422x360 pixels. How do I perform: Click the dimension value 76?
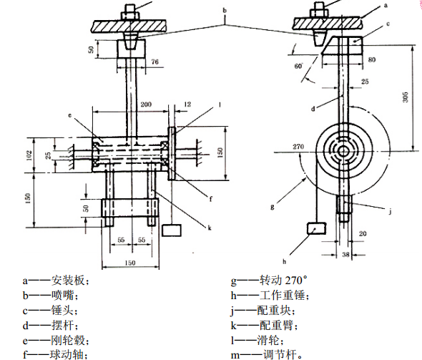pos(154,62)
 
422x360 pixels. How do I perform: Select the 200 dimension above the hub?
pos(146,104)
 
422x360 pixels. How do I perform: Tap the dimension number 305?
pos(406,97)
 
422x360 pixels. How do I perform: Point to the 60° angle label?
pos(298,66)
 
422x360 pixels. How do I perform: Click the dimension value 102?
pos(29,155)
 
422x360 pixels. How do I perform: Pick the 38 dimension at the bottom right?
pos(345,254)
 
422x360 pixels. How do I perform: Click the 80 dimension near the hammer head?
pos(371,59)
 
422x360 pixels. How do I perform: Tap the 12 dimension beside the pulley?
pos(187,104)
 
